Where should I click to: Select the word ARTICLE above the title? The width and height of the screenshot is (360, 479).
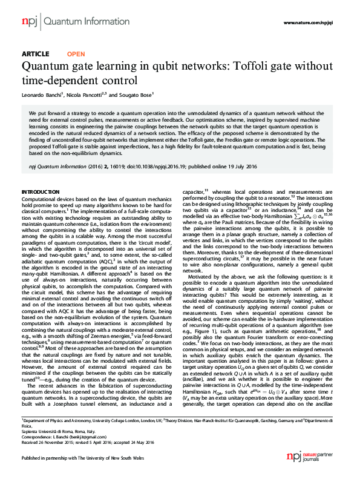pyautogui.click(x=35, y=54)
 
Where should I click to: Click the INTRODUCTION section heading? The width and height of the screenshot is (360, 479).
pyautogui.click(x=41, y=191)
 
